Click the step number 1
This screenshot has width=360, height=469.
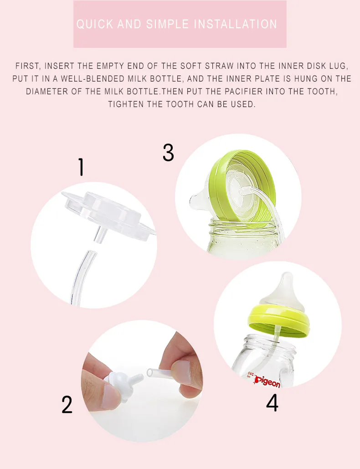[81, 167]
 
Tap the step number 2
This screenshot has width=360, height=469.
[67, 405]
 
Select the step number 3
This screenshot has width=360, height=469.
[168, 153]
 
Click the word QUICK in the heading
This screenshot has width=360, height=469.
[95, 24]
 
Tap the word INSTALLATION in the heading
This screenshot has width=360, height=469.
[236, 24]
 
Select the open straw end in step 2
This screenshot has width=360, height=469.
[150, 373]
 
